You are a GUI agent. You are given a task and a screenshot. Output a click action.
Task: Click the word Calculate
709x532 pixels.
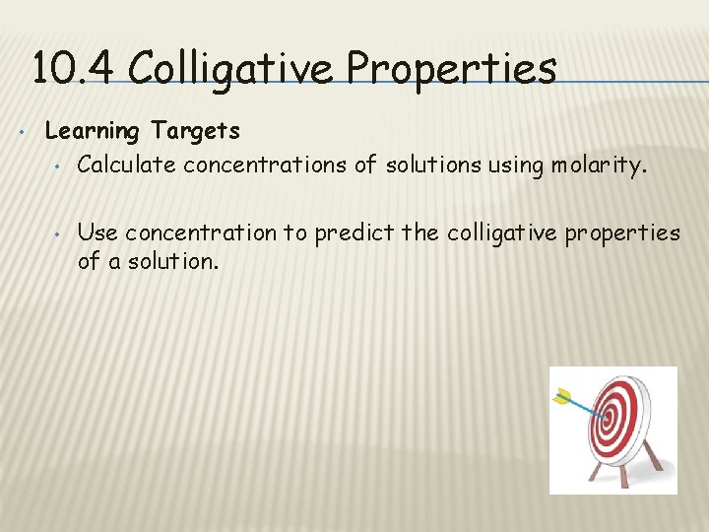(126, 165)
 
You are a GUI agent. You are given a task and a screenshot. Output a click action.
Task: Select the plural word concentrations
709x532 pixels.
(265, 165)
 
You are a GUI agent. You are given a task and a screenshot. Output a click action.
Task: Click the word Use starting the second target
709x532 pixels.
(97, 233)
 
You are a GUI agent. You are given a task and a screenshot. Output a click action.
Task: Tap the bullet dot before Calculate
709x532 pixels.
(58, 166)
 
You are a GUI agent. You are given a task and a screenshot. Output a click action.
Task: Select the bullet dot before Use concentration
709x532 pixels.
(58, 233)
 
